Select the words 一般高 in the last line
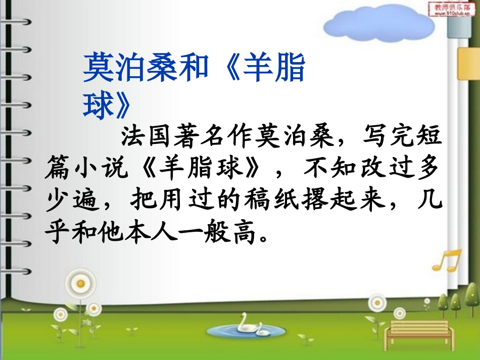(225, 234)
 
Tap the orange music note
(447, 261)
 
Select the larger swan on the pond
(247, 323)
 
